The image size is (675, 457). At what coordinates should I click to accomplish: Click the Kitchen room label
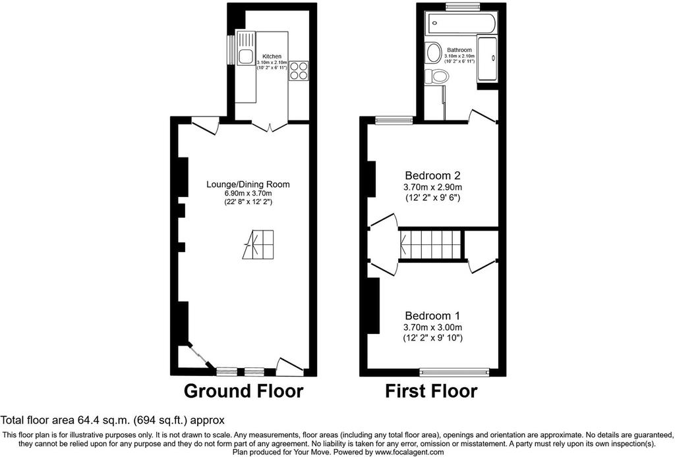[x=272, y=57]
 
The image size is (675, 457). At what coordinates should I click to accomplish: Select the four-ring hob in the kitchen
[x=299, y=70]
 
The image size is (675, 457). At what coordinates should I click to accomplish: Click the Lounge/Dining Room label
[x=248, y=184]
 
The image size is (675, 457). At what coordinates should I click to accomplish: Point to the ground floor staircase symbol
[x=258, y=244]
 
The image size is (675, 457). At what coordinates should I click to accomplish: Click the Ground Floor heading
[x=244, y=391]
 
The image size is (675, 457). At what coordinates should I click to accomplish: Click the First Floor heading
[x=431, y=391]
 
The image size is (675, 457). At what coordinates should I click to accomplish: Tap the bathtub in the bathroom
[x=461, y=23]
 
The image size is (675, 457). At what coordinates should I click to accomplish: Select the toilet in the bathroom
[x=437, y=76]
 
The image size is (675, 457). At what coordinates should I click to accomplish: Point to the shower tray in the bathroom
[x=487, y=59]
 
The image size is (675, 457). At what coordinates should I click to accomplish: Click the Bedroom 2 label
[x=432, y=175]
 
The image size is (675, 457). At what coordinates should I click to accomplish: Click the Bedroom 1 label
[x=432, y=316]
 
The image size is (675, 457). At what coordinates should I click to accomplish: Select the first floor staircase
[x=430, y=244]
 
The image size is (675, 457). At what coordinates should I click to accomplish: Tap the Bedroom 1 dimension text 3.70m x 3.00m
[x=432, y=327]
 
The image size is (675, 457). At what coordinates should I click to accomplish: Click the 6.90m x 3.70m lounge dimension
[x=248, y=194]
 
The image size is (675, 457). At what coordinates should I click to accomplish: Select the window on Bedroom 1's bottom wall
[x=455, y=371]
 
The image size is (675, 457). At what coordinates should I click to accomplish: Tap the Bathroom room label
[x=459, y=50]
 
